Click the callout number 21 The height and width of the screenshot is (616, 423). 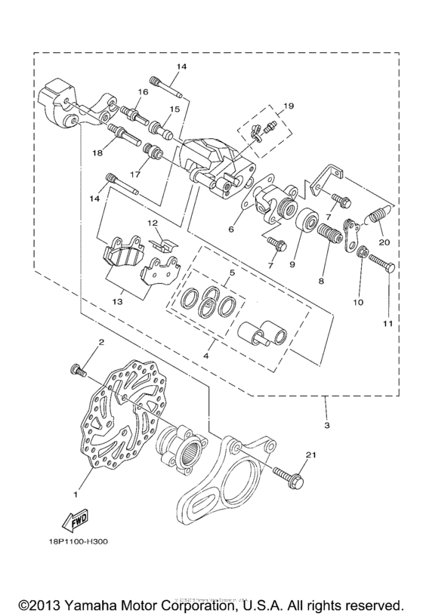click(309, 454)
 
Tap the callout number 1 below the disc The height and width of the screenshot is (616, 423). click(75, 495)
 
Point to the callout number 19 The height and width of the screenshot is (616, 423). click(288, 107)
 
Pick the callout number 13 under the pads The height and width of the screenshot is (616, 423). click(117, 300)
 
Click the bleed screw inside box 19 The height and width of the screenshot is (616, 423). click(261, 131)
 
